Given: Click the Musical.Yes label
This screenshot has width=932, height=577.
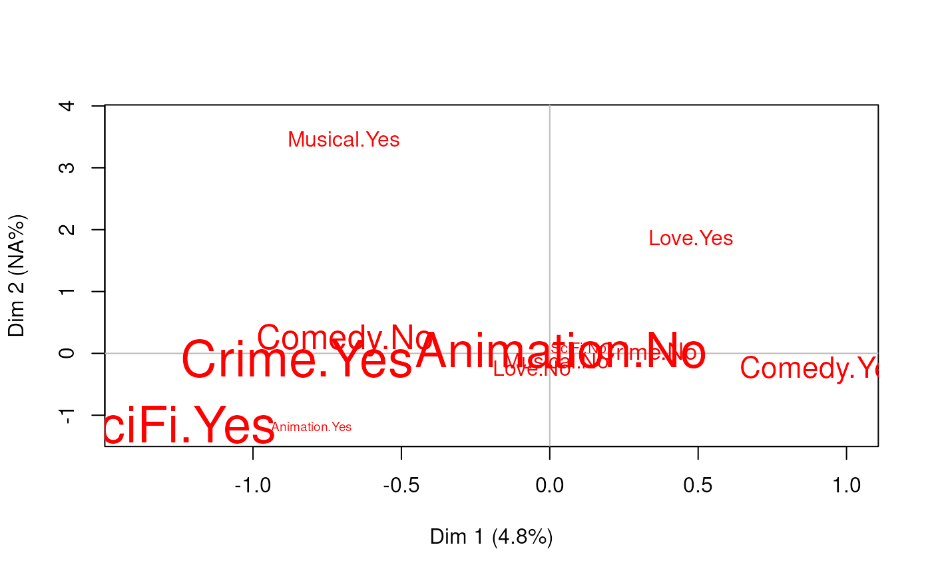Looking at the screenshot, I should (344, 140).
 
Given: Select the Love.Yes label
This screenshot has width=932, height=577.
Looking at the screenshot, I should (690, 239).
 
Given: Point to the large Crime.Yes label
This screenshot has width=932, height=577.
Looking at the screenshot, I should (297, 360).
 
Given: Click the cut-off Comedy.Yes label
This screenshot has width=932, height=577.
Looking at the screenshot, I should (809, 368).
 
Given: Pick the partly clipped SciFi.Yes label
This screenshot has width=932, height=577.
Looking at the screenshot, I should (190, 427).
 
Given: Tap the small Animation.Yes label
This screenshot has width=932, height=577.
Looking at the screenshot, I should (312, 428).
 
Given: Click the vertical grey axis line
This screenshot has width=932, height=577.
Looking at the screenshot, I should (549, 200).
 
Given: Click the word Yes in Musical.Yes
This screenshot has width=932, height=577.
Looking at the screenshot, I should (382, 140).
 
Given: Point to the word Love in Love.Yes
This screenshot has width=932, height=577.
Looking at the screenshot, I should (668, 239).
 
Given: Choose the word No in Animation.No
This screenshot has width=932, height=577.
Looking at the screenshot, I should (672, 351).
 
